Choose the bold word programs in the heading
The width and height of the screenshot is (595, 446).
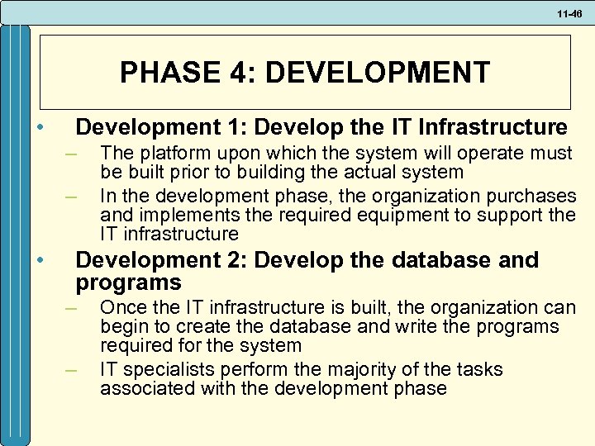pos(128,283)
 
